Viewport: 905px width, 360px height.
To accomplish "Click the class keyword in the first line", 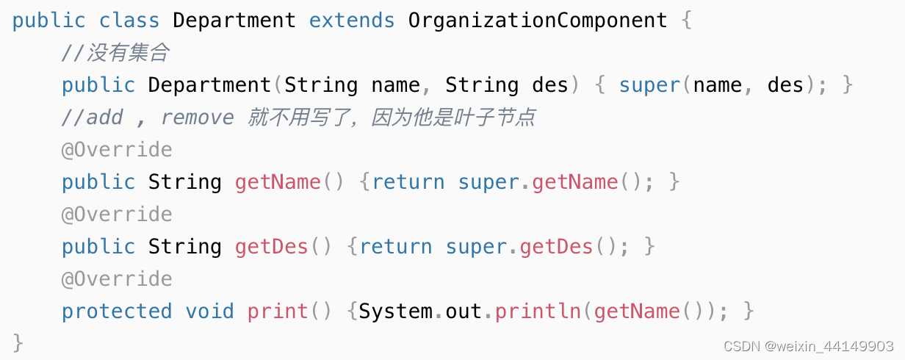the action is [x=129, y=20].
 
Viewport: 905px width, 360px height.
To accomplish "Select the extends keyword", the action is [x=352, y=20].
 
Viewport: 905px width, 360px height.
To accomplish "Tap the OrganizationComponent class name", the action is [x=538, y=20].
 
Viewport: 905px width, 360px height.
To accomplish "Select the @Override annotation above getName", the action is [x=117, y=150].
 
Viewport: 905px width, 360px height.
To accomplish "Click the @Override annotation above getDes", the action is [x=117, y=215].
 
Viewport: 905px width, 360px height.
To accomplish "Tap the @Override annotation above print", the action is [x=117, y=279].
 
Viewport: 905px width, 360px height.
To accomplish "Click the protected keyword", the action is [x=117, y=312].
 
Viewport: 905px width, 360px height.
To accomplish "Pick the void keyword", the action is [x=209, y=312].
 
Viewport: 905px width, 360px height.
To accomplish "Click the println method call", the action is [x=538, y=312].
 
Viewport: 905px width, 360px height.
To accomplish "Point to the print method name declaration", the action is [x=278, y=312].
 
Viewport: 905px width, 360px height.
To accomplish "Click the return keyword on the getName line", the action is [x=408, y=182].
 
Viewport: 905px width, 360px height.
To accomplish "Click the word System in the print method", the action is [x=395, y=312].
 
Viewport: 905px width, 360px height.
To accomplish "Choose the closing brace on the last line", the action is [x=18, y=342].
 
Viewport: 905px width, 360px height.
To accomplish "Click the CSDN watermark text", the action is [x=808, y=346].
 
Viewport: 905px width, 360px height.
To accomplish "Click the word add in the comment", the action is [x=104, y=118].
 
